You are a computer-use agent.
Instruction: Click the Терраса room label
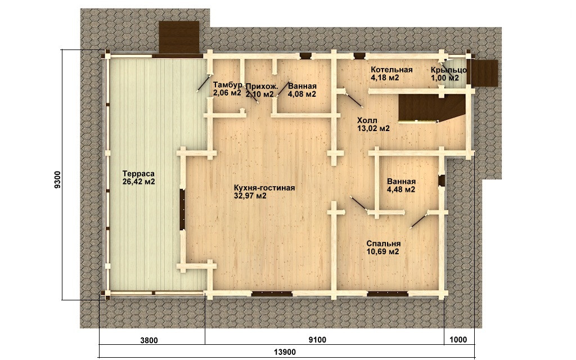[x=138, y=174]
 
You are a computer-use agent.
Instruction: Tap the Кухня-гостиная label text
[x=264, y=188]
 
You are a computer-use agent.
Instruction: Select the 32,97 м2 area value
[x=250, y=196]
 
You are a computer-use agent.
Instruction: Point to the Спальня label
[x=384, y=244]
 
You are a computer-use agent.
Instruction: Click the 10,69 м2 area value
[x=382, y=251]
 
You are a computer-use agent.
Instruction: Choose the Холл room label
[x=367, y=120]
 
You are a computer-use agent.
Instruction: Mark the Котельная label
[x=391, y=70]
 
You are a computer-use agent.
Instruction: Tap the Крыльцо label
[x=449, y=70]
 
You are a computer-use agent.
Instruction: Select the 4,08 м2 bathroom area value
[x=302, y=94]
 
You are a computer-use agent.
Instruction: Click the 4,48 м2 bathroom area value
[x=401, y=190]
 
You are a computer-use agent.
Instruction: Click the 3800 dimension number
[x=148, y=340]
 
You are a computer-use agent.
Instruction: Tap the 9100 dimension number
[x=317, y=340]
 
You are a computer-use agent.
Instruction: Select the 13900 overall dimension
[x=285, y=352]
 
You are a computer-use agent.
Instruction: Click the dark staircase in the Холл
[x=430, y=107]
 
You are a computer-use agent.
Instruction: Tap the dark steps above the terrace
[x=179, y=38]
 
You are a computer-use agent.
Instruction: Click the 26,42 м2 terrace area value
[x=139, y=182]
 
